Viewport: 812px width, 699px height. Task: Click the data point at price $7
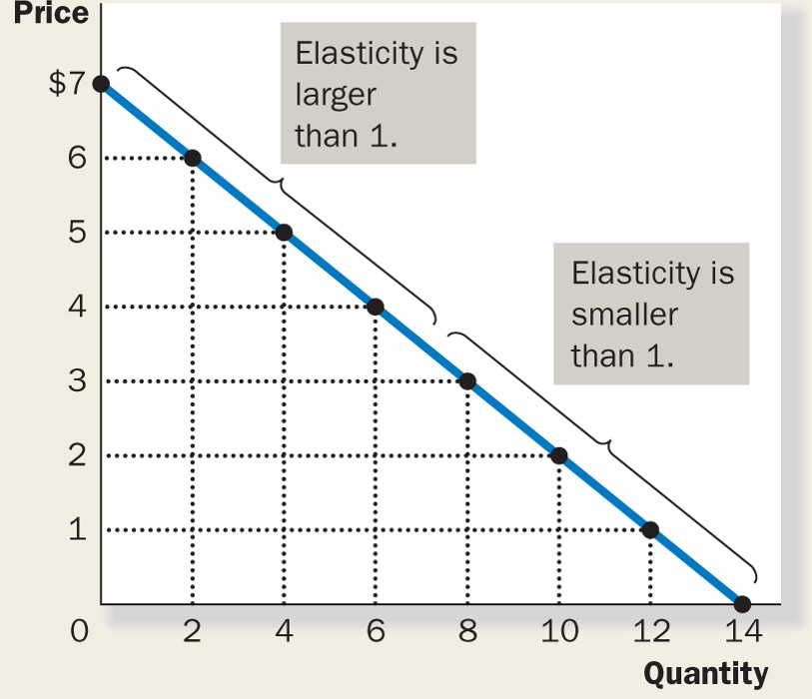101,83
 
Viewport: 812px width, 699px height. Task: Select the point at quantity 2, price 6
193,158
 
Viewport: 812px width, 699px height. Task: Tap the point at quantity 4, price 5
284,233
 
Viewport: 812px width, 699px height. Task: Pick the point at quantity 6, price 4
376,307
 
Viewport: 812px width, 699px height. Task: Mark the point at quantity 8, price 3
467,381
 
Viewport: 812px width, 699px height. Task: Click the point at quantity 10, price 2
558,455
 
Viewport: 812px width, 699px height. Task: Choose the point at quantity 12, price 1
650,530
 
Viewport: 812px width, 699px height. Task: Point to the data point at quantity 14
742,604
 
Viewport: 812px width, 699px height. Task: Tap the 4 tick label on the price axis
77,307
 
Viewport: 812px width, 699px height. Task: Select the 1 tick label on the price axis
77,530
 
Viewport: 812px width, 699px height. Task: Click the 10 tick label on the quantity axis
558,632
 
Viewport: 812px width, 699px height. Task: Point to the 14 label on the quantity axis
742,632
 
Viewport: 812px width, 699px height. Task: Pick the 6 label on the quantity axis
376,632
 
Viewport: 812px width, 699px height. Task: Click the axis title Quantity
706,673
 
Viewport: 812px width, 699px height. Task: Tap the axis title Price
45,13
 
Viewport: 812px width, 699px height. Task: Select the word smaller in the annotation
624,315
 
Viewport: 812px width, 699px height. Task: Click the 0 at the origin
80,632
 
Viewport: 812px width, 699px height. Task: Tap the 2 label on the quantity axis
193,632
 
